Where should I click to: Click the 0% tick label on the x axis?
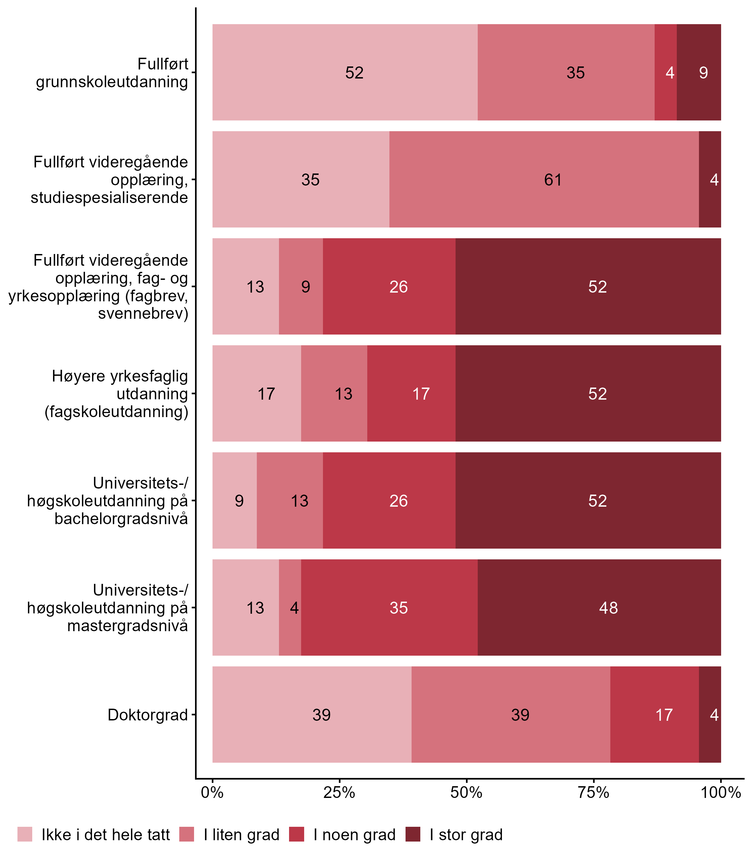(x=212, y=793)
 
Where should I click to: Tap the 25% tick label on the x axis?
(x=339, y=793)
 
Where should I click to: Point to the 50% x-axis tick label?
(x=466, y=793)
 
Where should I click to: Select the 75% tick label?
(x=594, y=793)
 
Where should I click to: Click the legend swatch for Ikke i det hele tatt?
(x=25, y=835)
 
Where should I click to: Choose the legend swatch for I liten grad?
(x=187, y=835)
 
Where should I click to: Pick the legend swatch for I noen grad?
(x=297, y=835)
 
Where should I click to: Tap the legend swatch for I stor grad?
(x=413, y=835)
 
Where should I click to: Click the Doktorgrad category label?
(x=148, y=715)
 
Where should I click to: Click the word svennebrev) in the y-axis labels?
(x=143, y=313)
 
